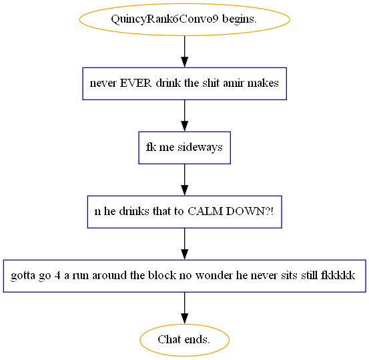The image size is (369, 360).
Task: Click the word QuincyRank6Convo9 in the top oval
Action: click(165, 19)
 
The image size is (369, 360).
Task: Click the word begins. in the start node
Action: click(240, 19)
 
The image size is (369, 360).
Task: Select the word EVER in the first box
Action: click(135, 83)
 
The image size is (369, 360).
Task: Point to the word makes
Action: click(263, 83)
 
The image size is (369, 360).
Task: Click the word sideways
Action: click(200, 147)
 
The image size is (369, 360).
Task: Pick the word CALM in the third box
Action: click(205, 211)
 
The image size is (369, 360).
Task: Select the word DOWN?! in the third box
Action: click(250, 211)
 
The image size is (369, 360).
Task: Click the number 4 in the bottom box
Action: click(57, 275)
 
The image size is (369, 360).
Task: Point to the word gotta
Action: click(23, 276)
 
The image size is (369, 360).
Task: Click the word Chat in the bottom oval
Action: click(169, 339)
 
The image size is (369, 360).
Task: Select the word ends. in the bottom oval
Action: click(198, 339)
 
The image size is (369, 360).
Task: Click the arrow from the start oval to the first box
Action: click(184, 51)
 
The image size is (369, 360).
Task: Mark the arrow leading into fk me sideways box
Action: click(184, 116)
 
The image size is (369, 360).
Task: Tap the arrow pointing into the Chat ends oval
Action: click(184, 308)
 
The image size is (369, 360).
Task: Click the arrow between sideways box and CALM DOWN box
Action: click(184, 180)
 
